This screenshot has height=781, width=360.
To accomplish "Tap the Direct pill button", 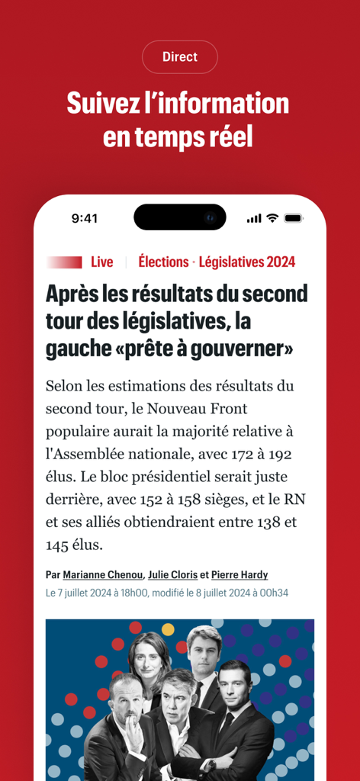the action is pos(180,57).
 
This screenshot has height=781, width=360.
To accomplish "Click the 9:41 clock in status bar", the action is pos(85,218).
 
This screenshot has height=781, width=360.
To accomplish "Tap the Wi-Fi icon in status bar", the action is pos(272,218).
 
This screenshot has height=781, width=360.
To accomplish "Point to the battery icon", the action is pos(294,218).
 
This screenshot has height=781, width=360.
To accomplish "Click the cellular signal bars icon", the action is pos(254,219).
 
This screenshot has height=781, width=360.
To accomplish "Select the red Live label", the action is pos(101,262).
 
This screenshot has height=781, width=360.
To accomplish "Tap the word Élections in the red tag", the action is pos(163,262).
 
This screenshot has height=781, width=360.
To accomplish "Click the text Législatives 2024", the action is pos(247,262).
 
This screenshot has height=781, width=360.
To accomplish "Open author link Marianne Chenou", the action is pos(103,574).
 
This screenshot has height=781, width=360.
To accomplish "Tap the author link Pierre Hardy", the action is pos(239,574).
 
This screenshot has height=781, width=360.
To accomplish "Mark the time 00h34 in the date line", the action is pos(272,593).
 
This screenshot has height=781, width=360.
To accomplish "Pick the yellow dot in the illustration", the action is pos(168,628).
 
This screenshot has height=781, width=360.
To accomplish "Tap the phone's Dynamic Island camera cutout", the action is pos(180,217).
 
